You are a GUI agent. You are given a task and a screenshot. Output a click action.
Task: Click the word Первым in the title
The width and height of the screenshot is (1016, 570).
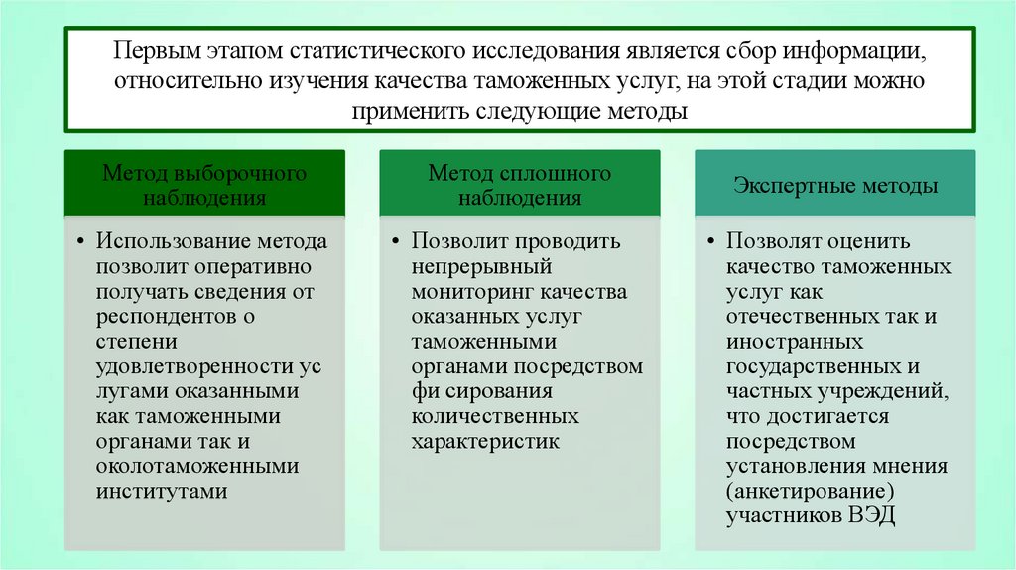point(160,50)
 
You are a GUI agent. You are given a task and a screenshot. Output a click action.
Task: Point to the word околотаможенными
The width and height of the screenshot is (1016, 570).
point(197,466)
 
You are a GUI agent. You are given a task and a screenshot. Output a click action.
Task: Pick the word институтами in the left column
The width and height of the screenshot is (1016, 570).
point(163,491)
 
